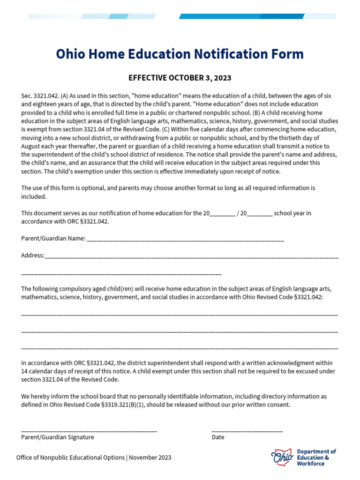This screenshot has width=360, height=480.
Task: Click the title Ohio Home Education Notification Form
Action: pyautogui.click(x=180, y=54)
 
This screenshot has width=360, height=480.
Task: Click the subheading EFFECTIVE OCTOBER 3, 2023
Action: pyautogui.click(x=180, y=78)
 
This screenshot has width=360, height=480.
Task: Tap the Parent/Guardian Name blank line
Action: pyautogui.click(x=185, y=239)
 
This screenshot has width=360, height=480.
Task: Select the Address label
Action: pyautogui.click(x=32, y=255)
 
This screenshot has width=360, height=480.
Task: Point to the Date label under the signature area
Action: pyautogui.click(x=218, y=437)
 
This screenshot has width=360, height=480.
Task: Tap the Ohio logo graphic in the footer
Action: pyautogui.click(x=282, y=456)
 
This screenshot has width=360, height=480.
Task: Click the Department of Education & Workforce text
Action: pyautogui.click(x=316, y=457)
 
